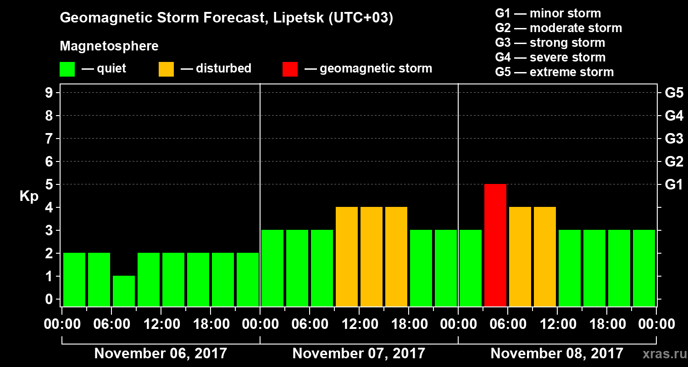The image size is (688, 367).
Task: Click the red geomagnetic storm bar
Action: tap(495, 245)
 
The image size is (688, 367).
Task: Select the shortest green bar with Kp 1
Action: tap(124, 291)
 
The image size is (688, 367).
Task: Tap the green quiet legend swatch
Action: tap(67, 69)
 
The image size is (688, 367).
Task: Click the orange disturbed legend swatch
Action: tap(166, 69)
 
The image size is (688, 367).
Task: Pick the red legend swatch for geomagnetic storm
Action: tap(290, 69)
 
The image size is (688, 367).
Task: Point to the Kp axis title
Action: tap(29, 196)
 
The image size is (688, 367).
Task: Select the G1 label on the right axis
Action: tap(674, 185)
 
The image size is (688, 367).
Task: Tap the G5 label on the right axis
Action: tap(674, 93)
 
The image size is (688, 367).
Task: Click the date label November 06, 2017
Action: tap(161, 354)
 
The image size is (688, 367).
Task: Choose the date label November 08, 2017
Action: tap(557, 354)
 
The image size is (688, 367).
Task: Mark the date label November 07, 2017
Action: tap(359, 354)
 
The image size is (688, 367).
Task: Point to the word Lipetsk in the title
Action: tap(299, 18)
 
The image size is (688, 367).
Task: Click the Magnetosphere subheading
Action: tap(109, 46)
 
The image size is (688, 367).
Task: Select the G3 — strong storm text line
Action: tap(550, 43)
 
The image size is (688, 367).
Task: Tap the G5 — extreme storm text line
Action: tap(554, 72)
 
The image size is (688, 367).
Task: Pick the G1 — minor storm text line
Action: tap(548, 13)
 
